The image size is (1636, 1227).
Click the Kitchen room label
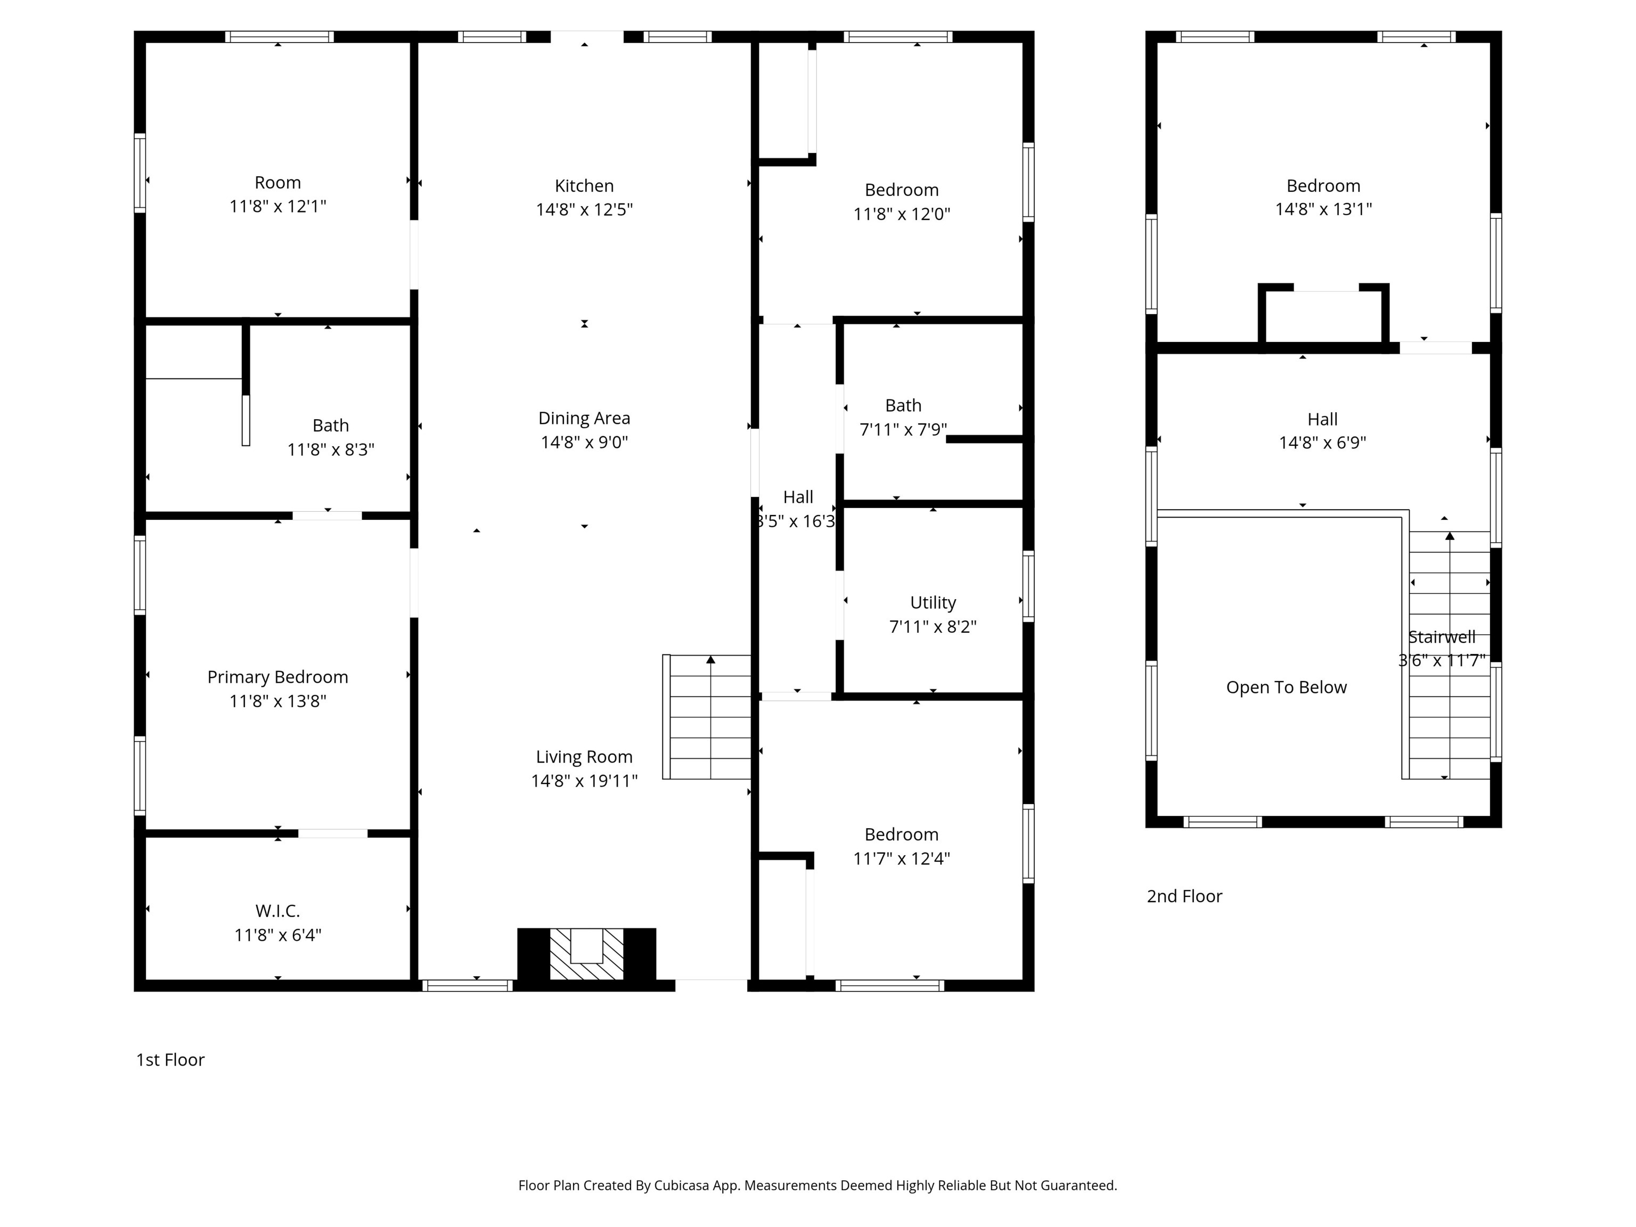pyautogui.click(x=584, y=186)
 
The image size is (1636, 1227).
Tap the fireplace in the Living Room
pyautogui.click(x=586, y=954)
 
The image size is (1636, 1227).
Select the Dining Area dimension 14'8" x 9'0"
pyautogui.click(x=584, y=442)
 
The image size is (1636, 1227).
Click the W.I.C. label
pyautogui.click(x=277, y=911)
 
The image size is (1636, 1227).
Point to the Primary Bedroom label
pyautogui.click(x=277, y=677)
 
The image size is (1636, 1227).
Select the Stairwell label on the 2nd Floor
pyautogui.click(x=1442, y=637)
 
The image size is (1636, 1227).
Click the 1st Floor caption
pyautogui.click(x=170, y=1059)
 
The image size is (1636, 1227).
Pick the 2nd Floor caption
pyautogui.click(x=1184, y=896)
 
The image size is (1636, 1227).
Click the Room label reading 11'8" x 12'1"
pyautogui.click(x=277, y=206)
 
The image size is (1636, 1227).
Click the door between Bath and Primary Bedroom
pyautogui.click(x=327, y=516)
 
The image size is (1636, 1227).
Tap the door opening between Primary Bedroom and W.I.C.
pyautogui.click(x=333, y=833)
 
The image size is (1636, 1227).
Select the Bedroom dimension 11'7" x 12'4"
pyautogui.click(x=901, y=858)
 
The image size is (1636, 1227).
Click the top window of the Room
pyautogui.click(x=279, y=37)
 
